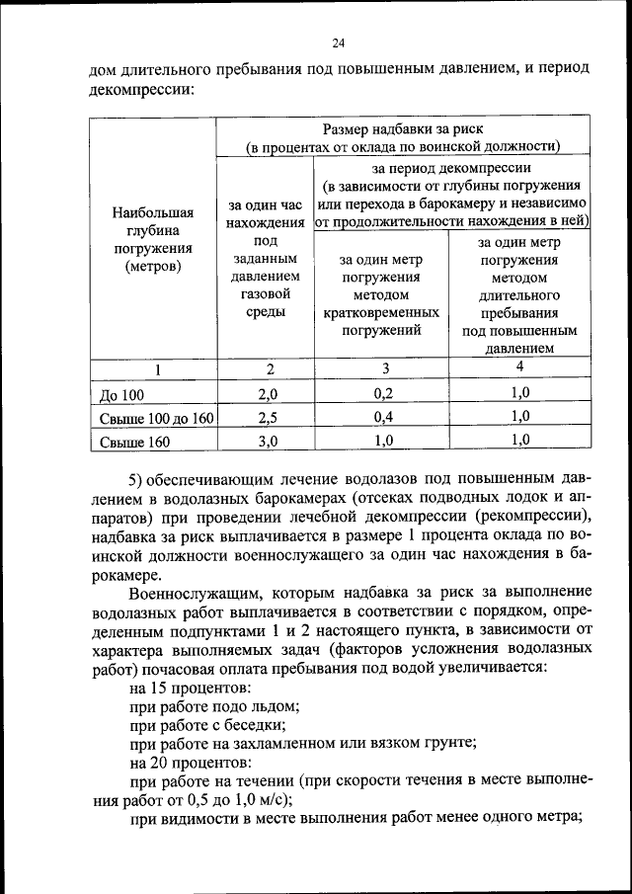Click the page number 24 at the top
339,42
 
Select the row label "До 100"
122,395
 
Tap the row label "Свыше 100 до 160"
157,418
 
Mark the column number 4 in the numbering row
519,367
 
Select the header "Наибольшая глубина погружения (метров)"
153,240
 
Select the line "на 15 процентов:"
190,687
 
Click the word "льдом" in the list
277,705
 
